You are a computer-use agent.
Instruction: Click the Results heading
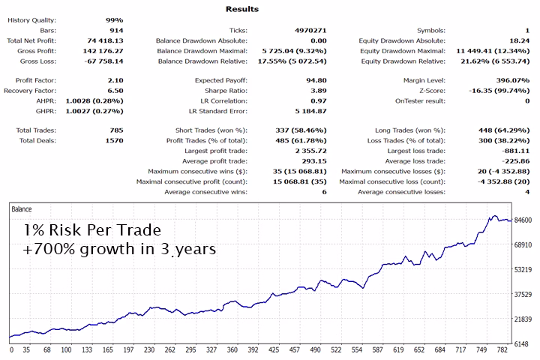click(242, 9)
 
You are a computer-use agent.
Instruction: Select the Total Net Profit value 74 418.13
click(105, 40)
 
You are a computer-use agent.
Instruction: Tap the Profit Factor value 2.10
click(115, 80)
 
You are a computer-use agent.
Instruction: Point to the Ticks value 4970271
click(310, 30)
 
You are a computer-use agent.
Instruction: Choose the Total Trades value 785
click(117, 130)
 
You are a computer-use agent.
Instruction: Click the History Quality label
click(31, 20)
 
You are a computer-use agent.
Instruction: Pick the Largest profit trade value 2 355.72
click(311, 151)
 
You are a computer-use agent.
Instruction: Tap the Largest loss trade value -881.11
click(515, 151)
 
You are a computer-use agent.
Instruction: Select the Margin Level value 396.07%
click(513, 80)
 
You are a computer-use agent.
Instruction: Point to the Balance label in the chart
click(22, 209)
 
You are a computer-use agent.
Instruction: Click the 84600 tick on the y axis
click(523, 220)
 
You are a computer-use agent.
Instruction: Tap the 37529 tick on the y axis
click(523, 295)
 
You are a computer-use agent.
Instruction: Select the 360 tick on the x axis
click(232, 349)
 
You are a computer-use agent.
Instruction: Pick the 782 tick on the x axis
click(502, 349)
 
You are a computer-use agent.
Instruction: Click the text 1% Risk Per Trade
click(92, 230)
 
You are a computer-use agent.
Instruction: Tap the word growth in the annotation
click(107, 250)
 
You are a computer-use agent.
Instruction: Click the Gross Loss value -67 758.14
click(103, 61)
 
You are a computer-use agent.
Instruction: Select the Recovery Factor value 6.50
click(115, 91)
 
